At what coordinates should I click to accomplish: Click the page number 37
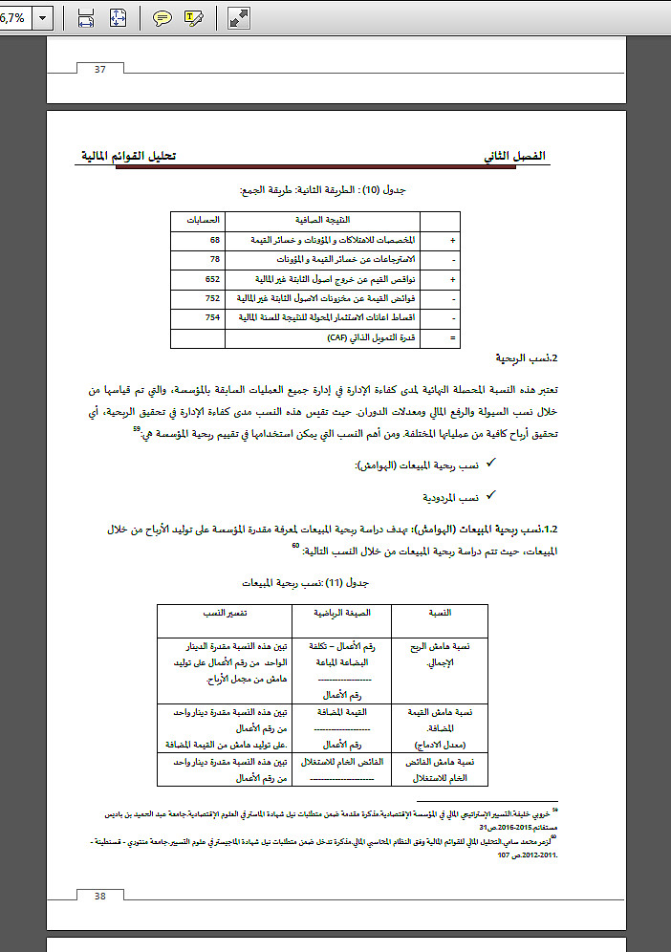point(98,68)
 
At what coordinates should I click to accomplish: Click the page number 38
point(98,896)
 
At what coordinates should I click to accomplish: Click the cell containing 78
point(215,260)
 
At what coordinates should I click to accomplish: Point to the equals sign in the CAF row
point(451,337)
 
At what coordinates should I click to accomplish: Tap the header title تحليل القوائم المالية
point(128,156)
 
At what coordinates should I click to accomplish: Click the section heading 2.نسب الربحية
point(519,359)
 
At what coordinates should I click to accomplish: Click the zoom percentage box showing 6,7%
point(13,17)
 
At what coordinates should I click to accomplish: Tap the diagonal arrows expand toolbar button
point(239,16)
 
